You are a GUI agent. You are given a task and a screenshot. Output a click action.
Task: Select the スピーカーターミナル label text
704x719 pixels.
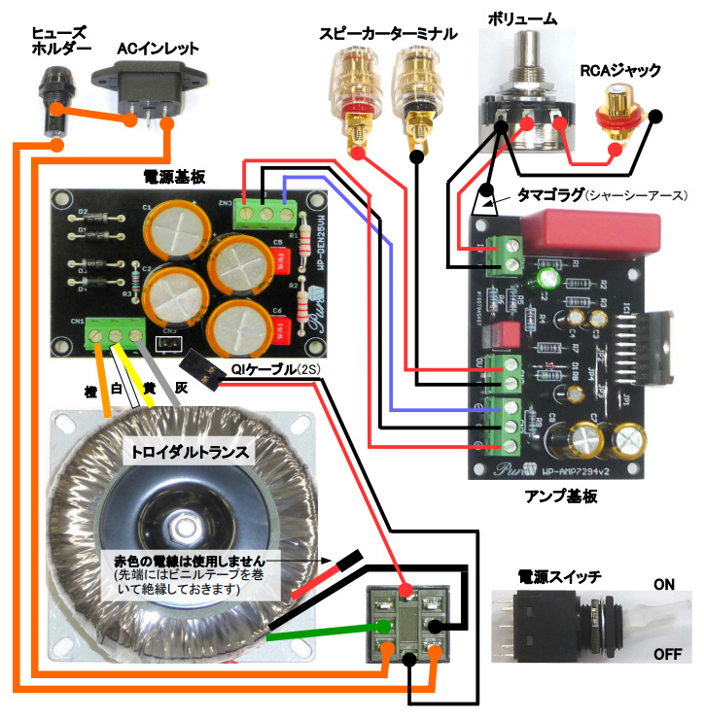(387, 32)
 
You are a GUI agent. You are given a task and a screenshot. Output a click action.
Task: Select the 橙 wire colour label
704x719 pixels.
(91, 392)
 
